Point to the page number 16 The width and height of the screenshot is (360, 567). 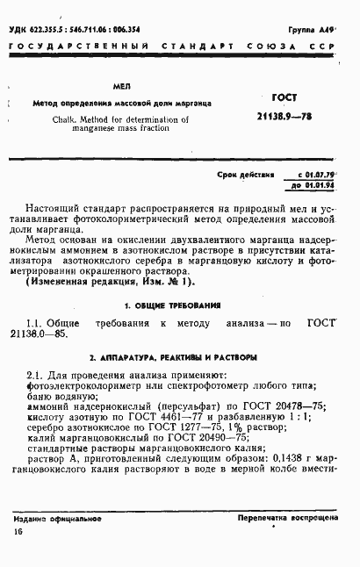[x=19, y=534]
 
